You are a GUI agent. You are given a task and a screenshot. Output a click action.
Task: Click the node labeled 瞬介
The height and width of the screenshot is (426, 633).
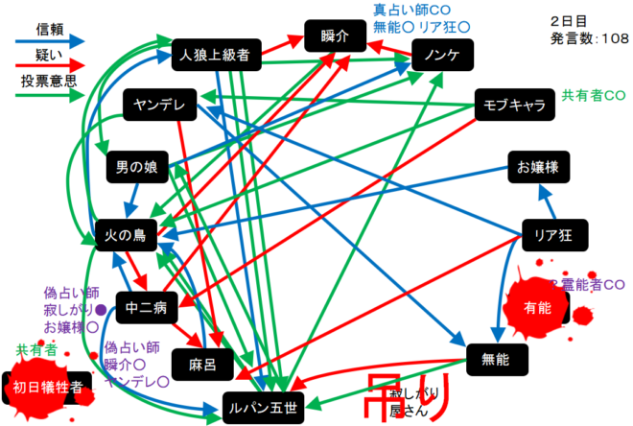331,36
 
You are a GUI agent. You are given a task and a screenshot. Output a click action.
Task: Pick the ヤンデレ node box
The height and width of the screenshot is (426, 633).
159,105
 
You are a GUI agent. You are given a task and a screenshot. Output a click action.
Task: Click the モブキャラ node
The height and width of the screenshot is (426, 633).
514,105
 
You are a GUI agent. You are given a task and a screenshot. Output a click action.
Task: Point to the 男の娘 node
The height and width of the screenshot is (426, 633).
137,168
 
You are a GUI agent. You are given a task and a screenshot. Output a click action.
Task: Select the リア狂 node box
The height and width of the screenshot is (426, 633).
553,233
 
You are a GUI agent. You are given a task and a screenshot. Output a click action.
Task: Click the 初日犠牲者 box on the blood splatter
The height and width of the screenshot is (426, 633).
48,387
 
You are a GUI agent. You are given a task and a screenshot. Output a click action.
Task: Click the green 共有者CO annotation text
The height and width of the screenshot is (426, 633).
594,96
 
